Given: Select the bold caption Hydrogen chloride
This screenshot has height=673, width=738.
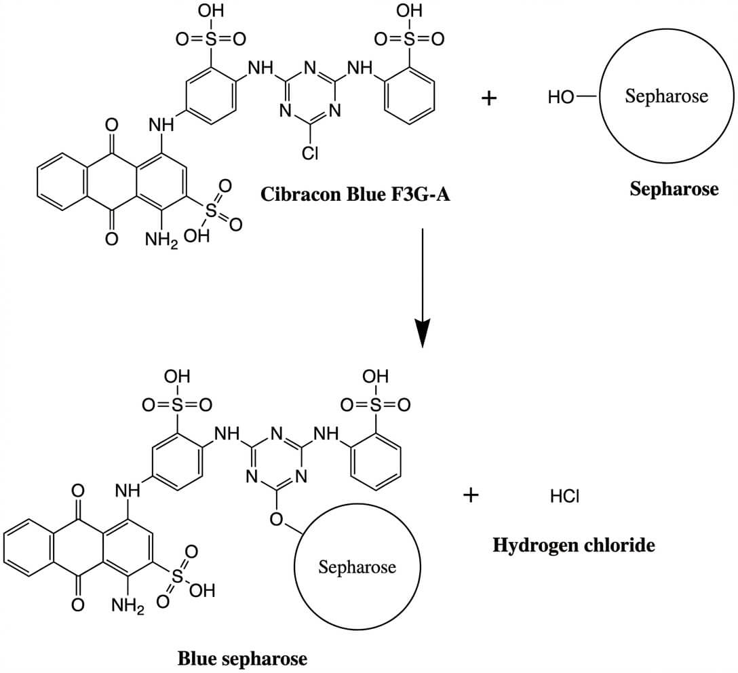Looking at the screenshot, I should click(x=574, y=544).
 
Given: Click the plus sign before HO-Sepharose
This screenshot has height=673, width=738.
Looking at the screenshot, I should click(x=488, y=98).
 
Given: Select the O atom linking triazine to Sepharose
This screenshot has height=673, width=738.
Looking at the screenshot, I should click(x=276, y=520).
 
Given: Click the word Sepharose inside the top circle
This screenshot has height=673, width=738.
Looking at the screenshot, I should click(x=666, y=96).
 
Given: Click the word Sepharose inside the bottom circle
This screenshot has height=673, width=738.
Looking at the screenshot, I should click(x=357, y=566).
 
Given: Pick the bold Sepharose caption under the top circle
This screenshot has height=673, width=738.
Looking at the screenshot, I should click(x=673, y=189).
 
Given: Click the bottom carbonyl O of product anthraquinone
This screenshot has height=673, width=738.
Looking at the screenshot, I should click(x=79, y=603).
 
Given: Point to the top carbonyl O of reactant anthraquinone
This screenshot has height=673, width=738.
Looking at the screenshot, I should click(x=113, y=125).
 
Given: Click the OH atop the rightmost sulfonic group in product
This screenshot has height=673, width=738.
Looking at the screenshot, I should click(x=375, y=376).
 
